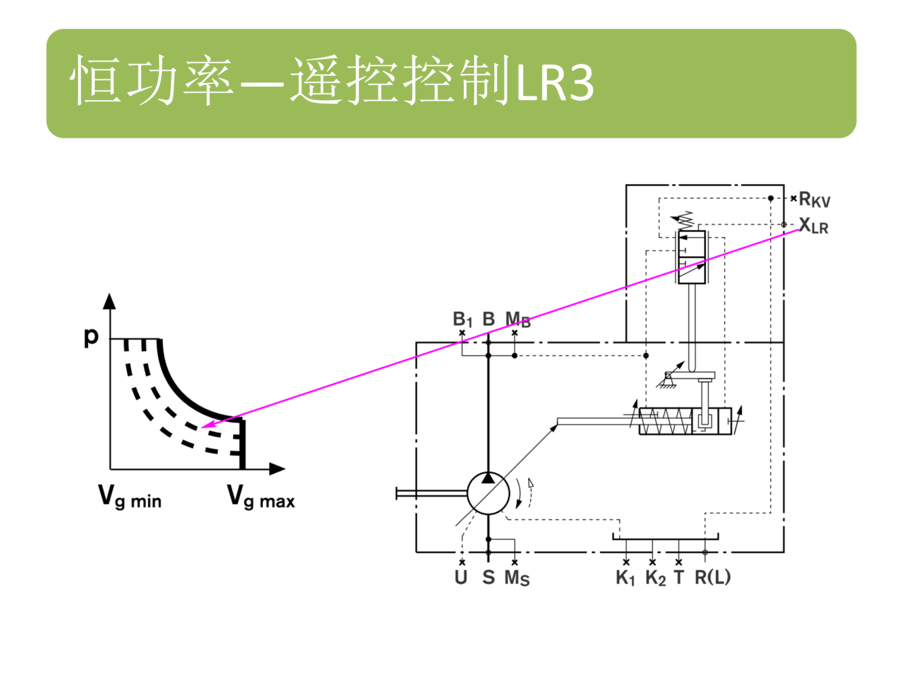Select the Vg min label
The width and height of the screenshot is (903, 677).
coord(129,497)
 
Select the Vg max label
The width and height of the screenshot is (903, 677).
coord(261,497)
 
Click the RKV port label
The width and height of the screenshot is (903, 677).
coord(814,200)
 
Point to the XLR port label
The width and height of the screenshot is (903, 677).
coord(813,226)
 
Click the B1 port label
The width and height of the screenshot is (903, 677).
coord(462,319)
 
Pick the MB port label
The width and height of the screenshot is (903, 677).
coord(517,319)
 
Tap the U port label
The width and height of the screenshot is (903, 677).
coord(461,577)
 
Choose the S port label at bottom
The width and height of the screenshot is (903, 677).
coord(488,577)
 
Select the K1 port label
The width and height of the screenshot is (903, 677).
coord(625,578)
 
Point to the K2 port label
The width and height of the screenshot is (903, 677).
coord(655,578)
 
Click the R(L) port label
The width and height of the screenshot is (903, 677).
coord(713,577)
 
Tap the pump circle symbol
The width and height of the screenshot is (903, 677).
coord(488,493)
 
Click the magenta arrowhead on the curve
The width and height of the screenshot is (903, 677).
coord(207,425)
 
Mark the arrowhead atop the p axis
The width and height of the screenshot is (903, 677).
coord(110,301)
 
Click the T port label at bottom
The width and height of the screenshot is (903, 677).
coord(679,577)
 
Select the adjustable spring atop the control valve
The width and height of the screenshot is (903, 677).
coord(684,220)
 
